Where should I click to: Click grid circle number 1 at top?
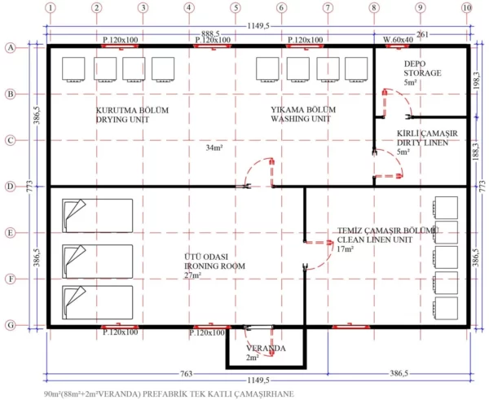tap(51, 8)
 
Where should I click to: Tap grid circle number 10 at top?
tap(466, 8)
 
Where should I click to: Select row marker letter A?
tap(11, 48)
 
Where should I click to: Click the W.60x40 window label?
tap(399, 39)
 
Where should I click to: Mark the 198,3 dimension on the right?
tap(475, 81)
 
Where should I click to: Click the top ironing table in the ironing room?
tap(97, 215)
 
